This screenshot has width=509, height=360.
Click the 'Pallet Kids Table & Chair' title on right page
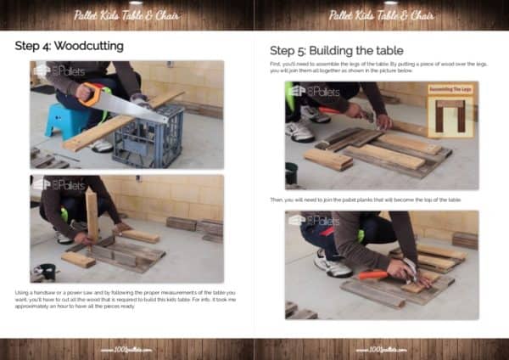382,14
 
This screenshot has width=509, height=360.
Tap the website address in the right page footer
382,348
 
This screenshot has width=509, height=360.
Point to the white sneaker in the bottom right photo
330,265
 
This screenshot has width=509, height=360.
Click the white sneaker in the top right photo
299,130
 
